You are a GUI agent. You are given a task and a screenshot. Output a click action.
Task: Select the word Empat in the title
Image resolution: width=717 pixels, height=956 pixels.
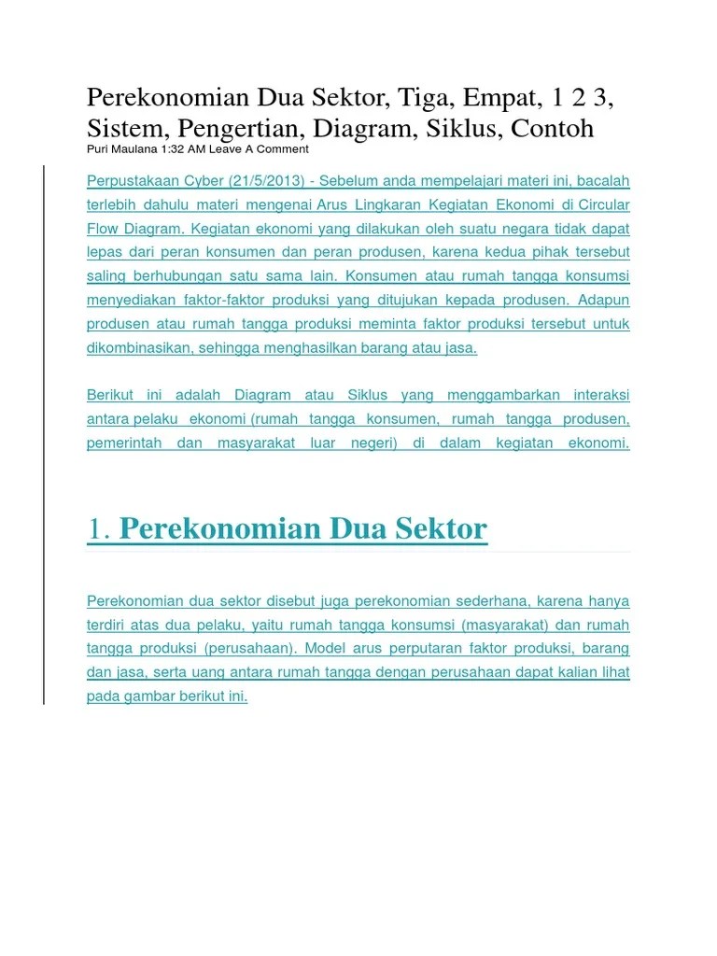tap(499, 96)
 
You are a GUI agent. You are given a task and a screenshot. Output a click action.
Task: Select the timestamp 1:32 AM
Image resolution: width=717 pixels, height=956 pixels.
tap(183, 149)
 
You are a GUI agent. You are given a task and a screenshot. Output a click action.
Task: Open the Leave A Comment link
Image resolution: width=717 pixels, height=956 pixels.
tap(259, 149)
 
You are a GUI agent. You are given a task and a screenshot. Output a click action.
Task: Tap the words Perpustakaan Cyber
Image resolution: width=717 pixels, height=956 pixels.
tap(141, 180)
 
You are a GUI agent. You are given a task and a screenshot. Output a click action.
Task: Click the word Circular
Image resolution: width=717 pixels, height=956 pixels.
tap(603, 204)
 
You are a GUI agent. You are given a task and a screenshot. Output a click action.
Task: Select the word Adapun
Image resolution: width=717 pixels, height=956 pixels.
tap(604, 300)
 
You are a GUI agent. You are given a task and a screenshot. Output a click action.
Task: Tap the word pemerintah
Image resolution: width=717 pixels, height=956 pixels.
tap(124, 443)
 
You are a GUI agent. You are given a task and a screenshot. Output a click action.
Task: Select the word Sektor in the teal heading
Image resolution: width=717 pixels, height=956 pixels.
tap(442, 529)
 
